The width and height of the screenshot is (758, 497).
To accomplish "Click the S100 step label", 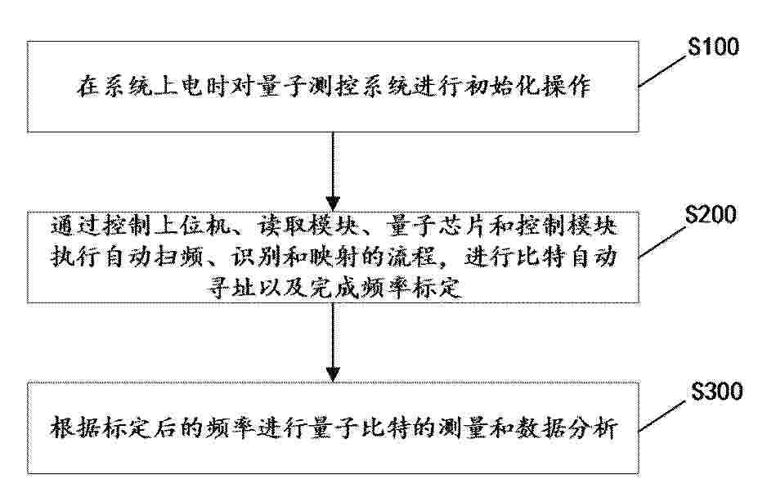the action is coord(714,47).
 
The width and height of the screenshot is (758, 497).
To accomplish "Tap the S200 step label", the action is coord(711,215).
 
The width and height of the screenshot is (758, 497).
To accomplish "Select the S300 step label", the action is coord(717,391).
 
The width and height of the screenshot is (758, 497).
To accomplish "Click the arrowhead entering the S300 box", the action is coord(333,374).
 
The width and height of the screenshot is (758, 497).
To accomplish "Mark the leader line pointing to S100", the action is coord(662,72).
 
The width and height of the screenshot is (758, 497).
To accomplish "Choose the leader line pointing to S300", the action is coord(663,416).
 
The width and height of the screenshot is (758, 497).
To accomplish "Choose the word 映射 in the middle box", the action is coord(333,257).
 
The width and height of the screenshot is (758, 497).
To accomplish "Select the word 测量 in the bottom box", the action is coord(463,428).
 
